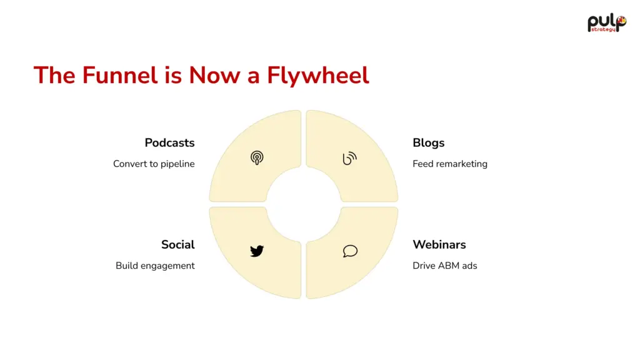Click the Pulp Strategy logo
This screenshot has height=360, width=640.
[607, 23]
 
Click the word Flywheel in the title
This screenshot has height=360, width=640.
[318, 76]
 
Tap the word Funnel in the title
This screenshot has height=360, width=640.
[120, 75]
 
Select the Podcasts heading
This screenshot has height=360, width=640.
[169, 143]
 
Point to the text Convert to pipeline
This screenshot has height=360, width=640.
[154, 164]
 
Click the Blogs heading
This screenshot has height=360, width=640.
[429, 143]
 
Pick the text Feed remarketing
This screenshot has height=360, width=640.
[450, 164]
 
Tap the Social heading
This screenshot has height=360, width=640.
[178, 244]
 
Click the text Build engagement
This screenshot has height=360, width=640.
[155, 266]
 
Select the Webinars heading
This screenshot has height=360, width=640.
[439, 244]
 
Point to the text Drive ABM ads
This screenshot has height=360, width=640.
[445, 266]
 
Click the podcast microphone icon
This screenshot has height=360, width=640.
[257, 158]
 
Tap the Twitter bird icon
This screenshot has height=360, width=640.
[257, 251]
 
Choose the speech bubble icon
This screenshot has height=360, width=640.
[350, 251]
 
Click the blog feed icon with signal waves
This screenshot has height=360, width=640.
[350, 158]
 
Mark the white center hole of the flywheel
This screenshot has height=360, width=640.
[304, 204]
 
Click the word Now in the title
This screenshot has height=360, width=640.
[214, 75]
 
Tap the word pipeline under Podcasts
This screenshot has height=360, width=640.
[177, 164]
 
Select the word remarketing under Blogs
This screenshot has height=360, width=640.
[462, 164]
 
